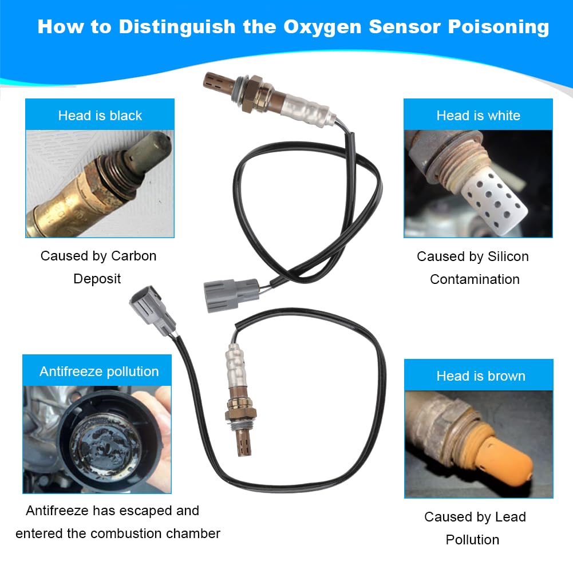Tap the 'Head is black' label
pos(100,115)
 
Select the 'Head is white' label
pos(478,115)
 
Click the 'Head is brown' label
pos(480,376)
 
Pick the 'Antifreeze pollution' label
pos(99,372)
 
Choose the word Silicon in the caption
pos(504,256)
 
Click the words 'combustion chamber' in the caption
pos(166,534)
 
